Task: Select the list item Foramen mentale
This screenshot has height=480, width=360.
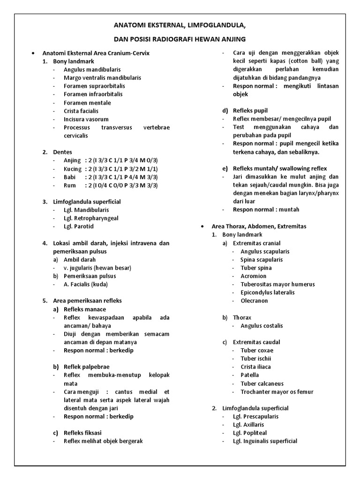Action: click(x=87, y=103)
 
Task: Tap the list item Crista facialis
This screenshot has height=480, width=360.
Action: click(x=81, y=111)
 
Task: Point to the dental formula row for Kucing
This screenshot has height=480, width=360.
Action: click(x=111, y=169)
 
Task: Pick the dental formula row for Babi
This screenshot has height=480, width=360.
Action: click(x=111, y=177)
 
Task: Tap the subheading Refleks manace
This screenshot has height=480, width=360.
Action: click(x=85, y=309)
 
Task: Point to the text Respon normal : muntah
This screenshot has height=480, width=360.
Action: click(x=266, y=210)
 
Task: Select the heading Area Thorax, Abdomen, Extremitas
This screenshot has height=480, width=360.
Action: click(x=259, y=226)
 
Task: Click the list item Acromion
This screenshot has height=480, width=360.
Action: click(x=253, y=276)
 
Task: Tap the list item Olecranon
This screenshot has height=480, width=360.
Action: click(x=254, y=300)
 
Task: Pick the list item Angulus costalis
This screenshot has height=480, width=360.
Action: click(x=262, y=325)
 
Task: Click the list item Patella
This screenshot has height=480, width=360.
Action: click(x=249, y=375)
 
